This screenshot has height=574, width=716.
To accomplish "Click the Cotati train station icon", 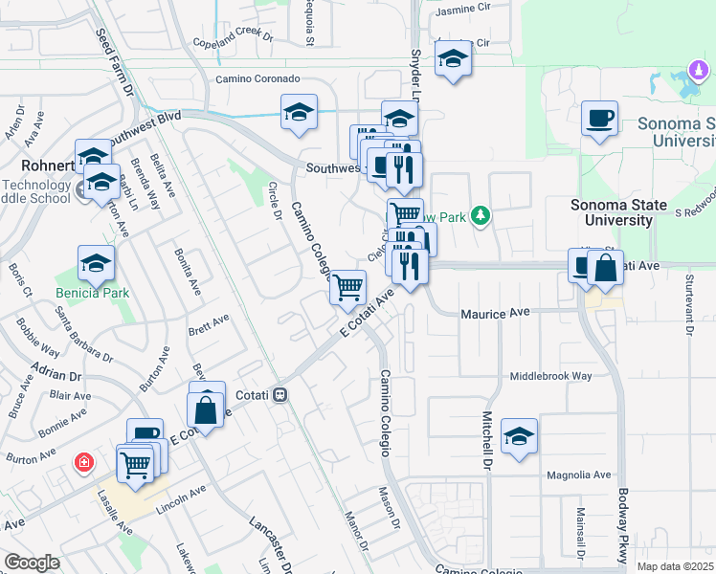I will click(x=280, y=394).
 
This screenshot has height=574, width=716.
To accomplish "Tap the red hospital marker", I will click(x=85, y=463).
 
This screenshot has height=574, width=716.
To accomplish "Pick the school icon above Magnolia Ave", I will click(x=520, y=436).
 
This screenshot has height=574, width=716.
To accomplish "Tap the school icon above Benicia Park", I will click(x=96, y=263).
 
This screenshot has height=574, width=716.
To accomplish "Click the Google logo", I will click(x=32, y=563).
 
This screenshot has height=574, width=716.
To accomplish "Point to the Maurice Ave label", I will click(x=495, y=313).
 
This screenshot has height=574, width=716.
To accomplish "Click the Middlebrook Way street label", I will click(x=550, y=377).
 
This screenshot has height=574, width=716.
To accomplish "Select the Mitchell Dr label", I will click(x=487, y=433).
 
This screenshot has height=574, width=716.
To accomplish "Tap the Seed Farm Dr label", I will click(x=114, y=62).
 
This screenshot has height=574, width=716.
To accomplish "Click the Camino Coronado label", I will click(x=257, y=78).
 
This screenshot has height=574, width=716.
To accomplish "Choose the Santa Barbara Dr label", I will click(x=83, y=336).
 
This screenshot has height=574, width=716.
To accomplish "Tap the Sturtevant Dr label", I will click(x=688, y=303).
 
